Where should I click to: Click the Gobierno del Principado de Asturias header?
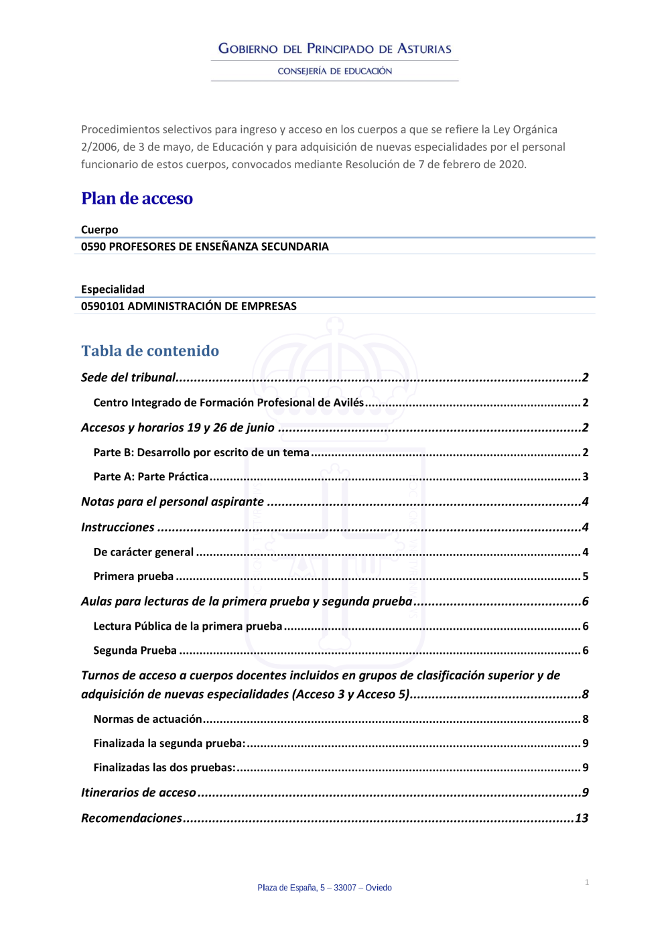pyautogui.click(x=335, y=49)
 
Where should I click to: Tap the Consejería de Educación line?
pyautogui.click(x=335, y=71)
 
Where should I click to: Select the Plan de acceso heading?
pyautogui.click(x=137, y=198)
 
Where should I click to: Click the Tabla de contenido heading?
pyautogui.click(x=150, y=350)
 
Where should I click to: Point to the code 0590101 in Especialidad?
pyautogui.click(x=103, y=306)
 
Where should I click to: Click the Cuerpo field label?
pyautogui.click(x=99, y=230)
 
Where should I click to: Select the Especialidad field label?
pyautogui.click(x=113, y=289)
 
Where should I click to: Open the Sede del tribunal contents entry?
pyautogui.click(x=129, y=377)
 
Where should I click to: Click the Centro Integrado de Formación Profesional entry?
pyautogui.click(x=228, y=403)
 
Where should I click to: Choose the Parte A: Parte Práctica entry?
pyautogui.click(x=151, y=476)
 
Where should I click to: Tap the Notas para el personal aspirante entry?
pyautogui.click(x=172, y=502)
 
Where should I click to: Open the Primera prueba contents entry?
pyautogui.click(x=133, y=576)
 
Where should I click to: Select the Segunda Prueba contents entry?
pyautogui.click(x=135, y=651)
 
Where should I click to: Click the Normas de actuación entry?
pyautogui.click(x=147, y=719)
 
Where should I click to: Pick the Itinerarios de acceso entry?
pyautogui.click(x=139, y=793)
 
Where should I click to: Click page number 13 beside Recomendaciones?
pyautogui.click(x=582, y=818)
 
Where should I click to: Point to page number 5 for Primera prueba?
pyautogui.click(x=586, y=576)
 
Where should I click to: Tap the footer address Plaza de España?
pyautogui.click(x=324, y=888)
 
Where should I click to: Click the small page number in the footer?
pyautogui.click(x=587, y=882)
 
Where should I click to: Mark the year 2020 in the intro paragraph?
pyautogui.click(x=511, y=164)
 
